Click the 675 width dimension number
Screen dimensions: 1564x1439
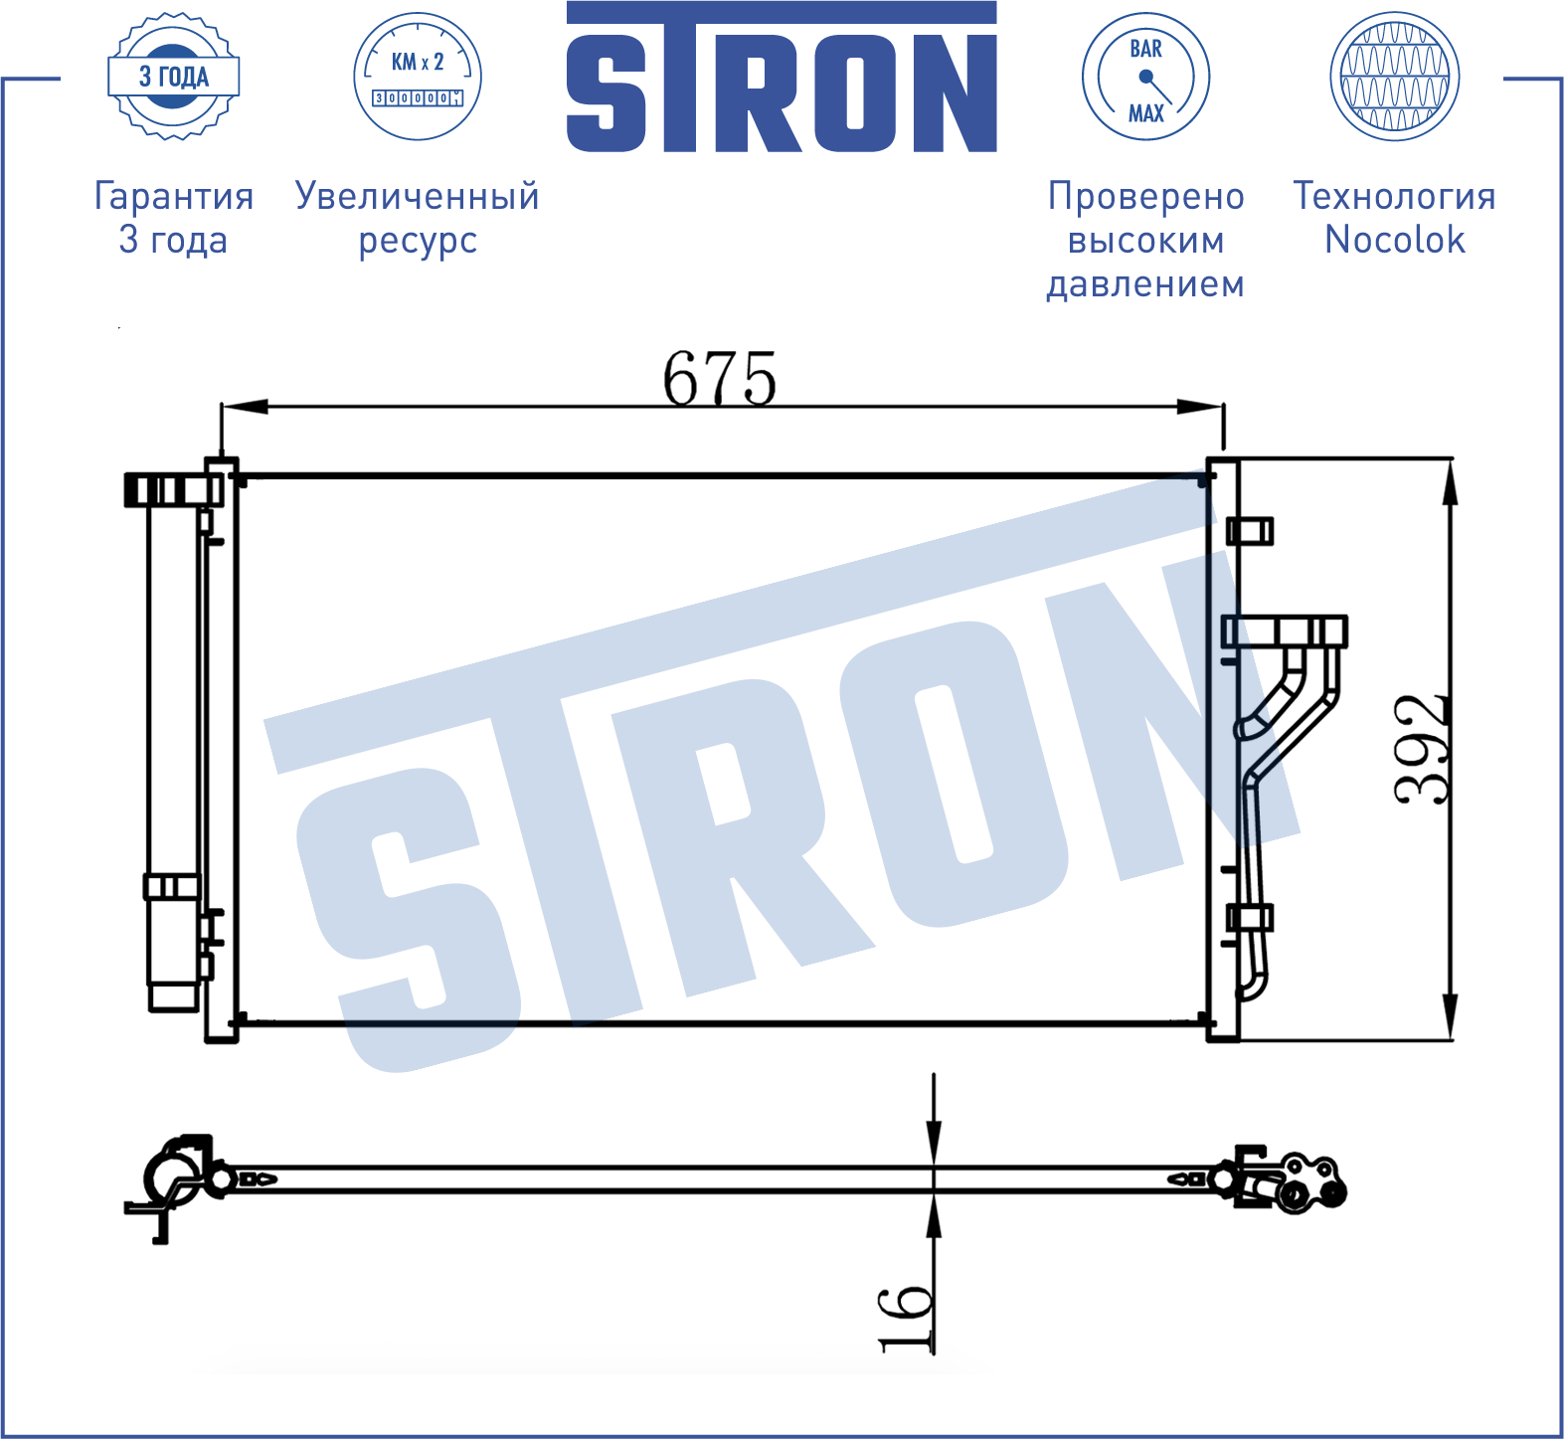[720, 378]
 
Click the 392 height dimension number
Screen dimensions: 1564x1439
[1421, 749]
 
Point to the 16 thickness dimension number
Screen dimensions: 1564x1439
[906, 1319]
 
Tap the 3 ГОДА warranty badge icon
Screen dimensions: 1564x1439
[174, 77]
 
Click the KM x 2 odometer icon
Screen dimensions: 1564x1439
[418, 77]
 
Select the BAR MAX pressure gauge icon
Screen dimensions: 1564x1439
[1145, 77]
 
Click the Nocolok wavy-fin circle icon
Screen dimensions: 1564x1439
[1395, 77]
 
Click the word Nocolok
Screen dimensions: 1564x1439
[1395, 240]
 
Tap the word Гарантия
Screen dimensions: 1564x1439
[174, 196]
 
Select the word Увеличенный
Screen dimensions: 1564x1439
[418, 196]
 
